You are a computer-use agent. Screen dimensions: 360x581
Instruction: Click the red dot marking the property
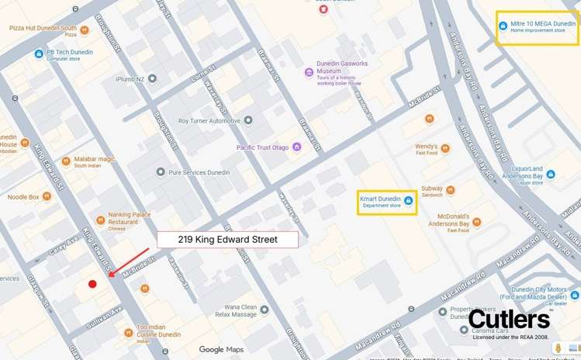(x=92, y=284)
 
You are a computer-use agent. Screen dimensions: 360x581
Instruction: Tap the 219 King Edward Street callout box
(x=227, y=239)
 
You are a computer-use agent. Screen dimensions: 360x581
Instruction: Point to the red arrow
(x=129, y=261)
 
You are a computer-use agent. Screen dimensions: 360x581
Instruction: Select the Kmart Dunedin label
(x=381, y=199)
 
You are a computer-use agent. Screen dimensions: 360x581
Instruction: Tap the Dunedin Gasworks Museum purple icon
(x=309, y=72)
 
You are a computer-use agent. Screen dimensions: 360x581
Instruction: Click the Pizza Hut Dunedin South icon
(x=85, y=30)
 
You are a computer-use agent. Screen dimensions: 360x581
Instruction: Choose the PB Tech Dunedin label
(x=69, y=53)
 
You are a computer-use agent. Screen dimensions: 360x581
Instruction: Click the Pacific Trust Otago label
(x=263, y=147)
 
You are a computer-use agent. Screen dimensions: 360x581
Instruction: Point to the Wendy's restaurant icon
(x=444, y=147)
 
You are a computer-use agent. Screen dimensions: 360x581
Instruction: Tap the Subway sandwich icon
(x=451, y=189)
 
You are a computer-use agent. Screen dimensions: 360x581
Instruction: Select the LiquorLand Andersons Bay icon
(x=550, y=175)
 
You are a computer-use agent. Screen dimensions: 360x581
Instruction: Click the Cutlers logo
(x=509, y=319)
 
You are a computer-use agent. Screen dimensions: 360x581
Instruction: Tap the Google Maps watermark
(x=221, y=350)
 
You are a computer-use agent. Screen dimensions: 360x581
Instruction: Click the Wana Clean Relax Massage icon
(x=264, y=310)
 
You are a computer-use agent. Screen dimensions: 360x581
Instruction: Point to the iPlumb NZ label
(x=130, y=78)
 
